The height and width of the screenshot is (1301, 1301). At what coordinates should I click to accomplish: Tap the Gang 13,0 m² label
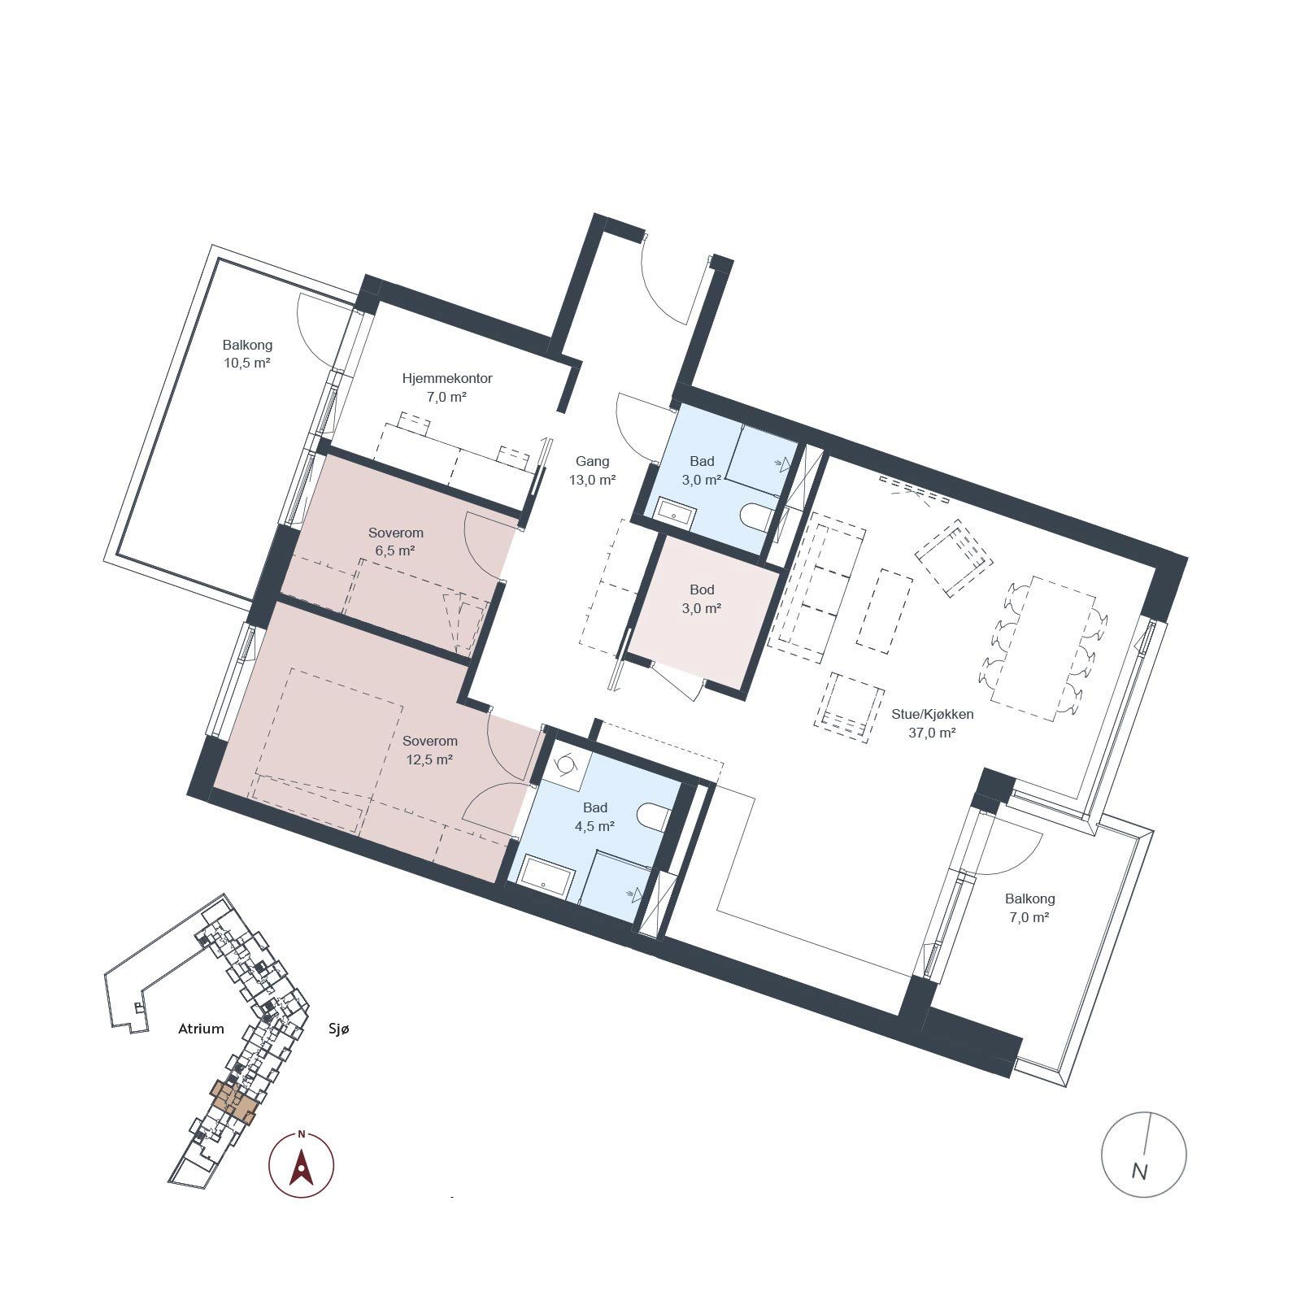[592, 470]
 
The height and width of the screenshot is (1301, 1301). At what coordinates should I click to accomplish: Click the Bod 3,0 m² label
[702, 598]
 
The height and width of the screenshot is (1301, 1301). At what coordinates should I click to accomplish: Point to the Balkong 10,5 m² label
[247, 354]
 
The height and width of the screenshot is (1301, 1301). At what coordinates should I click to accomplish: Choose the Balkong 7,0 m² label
[1029, 907]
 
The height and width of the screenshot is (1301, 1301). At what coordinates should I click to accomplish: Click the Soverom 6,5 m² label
[395, 542]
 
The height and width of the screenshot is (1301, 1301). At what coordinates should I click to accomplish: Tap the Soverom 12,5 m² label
[429, 750]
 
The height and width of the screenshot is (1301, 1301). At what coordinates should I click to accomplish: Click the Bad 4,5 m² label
[594, 816]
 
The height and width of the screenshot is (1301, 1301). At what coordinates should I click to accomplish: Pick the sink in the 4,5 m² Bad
[547, 873]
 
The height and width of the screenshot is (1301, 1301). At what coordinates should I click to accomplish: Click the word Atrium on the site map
[201, 1029]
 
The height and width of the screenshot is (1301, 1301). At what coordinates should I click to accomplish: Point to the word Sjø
[338, 1029]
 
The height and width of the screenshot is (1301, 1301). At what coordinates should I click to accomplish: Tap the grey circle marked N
[1143, 1154]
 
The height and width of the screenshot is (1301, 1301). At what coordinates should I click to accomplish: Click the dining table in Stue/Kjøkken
[1043, 647]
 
